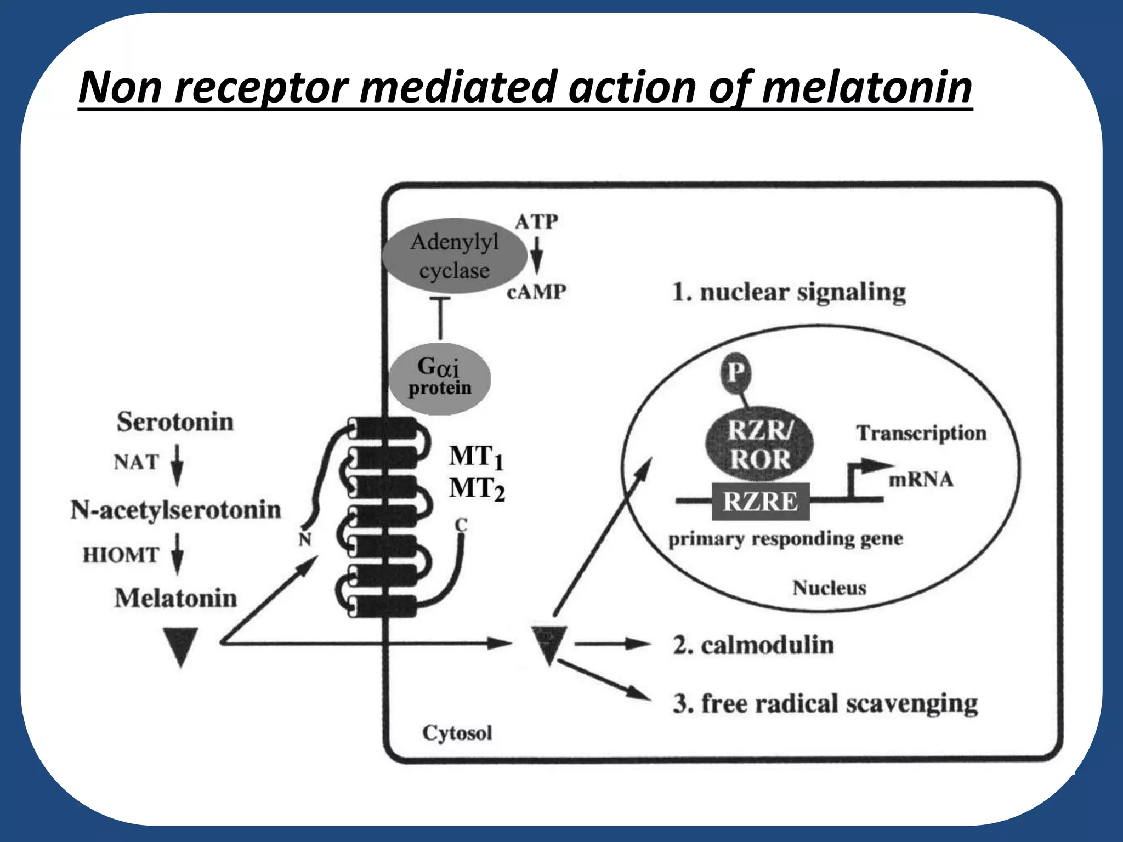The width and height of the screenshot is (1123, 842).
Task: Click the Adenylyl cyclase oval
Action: pyautogui.click(x=454, y=256)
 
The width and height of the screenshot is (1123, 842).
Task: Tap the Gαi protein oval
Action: pyautogui.click(x=439, y=378)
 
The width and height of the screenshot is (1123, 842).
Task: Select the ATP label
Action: pyautogui.click(x=536, y=222)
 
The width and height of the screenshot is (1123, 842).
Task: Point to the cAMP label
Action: pyautogui.click(x=536, y=292)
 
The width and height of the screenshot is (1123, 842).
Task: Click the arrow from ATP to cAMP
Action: pyautogui.click(x=537, y=255)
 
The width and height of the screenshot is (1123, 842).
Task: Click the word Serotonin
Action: pyautogui.click(x=175, y=422)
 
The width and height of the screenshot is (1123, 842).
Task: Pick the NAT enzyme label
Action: pyautogui.click(x=136, y=462)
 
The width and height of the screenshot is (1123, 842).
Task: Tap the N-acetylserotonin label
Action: pyautogui.click(x=175, y=510)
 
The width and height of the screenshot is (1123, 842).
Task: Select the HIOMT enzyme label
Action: pyautogui.click(x=121, y=555)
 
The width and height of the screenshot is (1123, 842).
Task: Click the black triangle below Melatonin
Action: pyautogui.click(x=180, y=645)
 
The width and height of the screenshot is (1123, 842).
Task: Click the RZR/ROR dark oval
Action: pyautogui.click(x=759, y=445)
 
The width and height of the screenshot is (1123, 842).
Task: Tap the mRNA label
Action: pyautogui.click(x=921, y=480)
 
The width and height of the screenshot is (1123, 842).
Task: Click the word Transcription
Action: pyautogui.click(x=921, y=433)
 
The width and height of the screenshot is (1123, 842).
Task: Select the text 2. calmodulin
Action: pyautogui.click(x=753, y=645)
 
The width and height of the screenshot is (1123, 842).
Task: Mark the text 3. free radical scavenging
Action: pyautogui.click(x=825, y=703)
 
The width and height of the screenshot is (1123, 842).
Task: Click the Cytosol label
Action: pyautogui.click(x=457, y=733)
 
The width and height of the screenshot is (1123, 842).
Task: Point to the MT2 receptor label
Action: pyautogui.click(x=476, y=488)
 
